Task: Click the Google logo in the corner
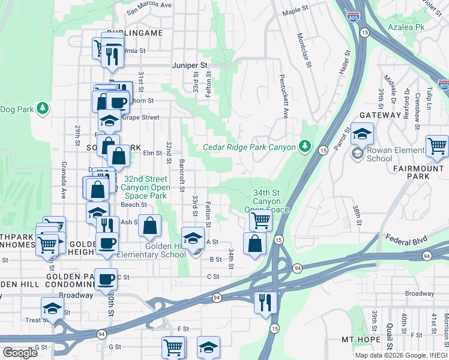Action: (19, 353)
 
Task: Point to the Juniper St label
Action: (189, 65)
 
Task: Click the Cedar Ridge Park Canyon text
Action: (249, 147)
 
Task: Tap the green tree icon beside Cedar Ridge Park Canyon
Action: (305, 146)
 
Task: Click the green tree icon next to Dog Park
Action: (42, 108)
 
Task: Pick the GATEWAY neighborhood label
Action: (379, 115)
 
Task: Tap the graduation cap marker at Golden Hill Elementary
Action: (193, 238)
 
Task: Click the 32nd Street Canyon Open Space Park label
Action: (145, 187)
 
